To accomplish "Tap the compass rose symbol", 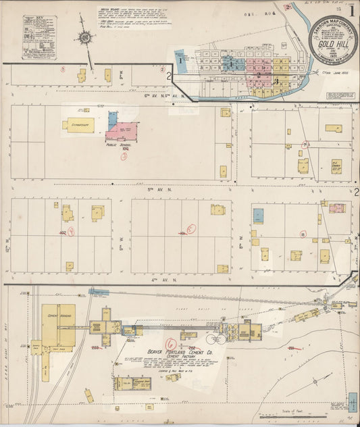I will click(85, 37).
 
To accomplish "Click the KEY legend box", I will click(39, 37).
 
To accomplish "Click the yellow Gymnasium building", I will click(79, 124).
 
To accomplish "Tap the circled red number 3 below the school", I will click(124, 155).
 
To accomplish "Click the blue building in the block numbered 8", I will click(258, 216).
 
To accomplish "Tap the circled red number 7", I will click(305, 145).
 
